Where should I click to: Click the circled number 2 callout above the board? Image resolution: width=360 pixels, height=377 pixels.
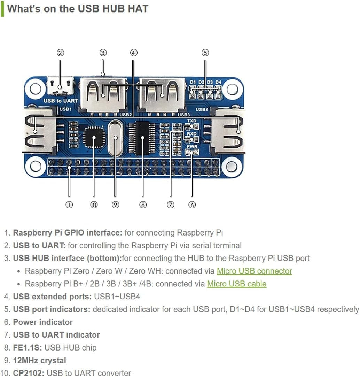point(60,53)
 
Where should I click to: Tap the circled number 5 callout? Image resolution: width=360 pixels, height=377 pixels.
point(205,53)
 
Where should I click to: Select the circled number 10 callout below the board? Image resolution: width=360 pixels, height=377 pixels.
point(94,205)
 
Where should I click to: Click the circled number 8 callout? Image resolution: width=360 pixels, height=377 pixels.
point(143,205)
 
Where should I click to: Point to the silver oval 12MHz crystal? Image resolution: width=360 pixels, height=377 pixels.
point(115,138)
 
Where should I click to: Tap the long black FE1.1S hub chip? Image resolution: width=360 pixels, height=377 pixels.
point(143,138)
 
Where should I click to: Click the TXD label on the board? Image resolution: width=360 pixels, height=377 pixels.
point(192,121)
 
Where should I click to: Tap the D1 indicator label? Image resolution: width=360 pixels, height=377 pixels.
point(193,82)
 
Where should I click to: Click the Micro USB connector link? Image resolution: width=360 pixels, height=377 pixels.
point(254,271)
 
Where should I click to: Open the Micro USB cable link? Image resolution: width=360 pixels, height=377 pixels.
point(236,284)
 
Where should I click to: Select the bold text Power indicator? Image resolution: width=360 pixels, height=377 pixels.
point(43,322)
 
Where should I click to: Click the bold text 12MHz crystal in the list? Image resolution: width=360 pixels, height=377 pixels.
point(39,360)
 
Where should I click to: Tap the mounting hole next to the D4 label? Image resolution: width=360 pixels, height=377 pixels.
point(232,89)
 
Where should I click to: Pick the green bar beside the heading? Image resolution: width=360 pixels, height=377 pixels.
point(2,9)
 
